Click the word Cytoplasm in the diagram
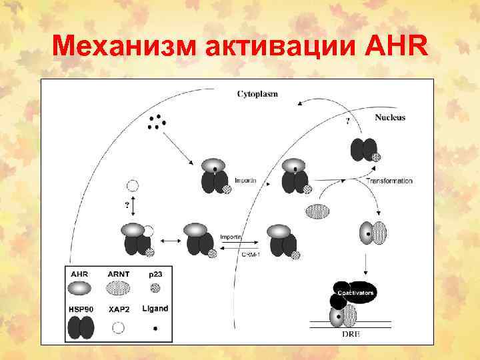click(x=258, y=94)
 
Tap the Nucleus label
click(x=390, y=117)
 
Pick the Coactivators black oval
click(x=355, y=292)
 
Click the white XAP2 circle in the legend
click(x=118, y=327)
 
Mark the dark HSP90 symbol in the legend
click(x=81, y=327)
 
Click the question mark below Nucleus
click(x=347, y=122)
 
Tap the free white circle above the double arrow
click(x=133, y=186)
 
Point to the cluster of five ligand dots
click(x=157, y=121)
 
